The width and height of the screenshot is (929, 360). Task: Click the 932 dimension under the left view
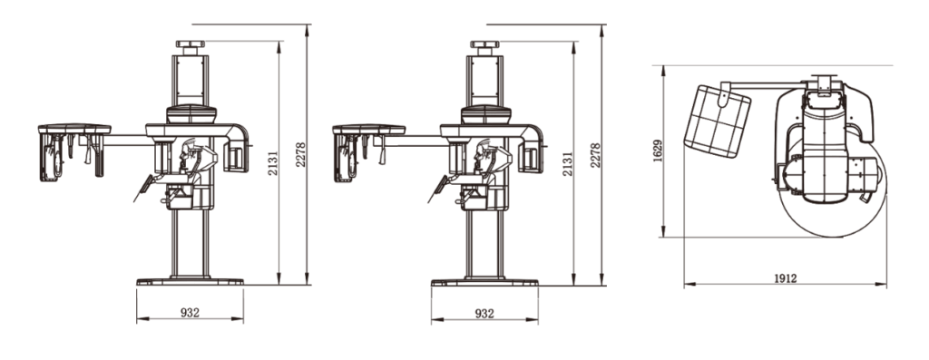[x=190, y=313]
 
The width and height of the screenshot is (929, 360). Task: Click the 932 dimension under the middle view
[x=484, y=313]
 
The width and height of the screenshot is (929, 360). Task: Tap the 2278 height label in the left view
[x=301, y=154]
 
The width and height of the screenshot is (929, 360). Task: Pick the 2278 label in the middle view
[x=595, y=154]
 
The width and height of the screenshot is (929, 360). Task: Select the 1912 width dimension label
[x=786, y=277]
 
